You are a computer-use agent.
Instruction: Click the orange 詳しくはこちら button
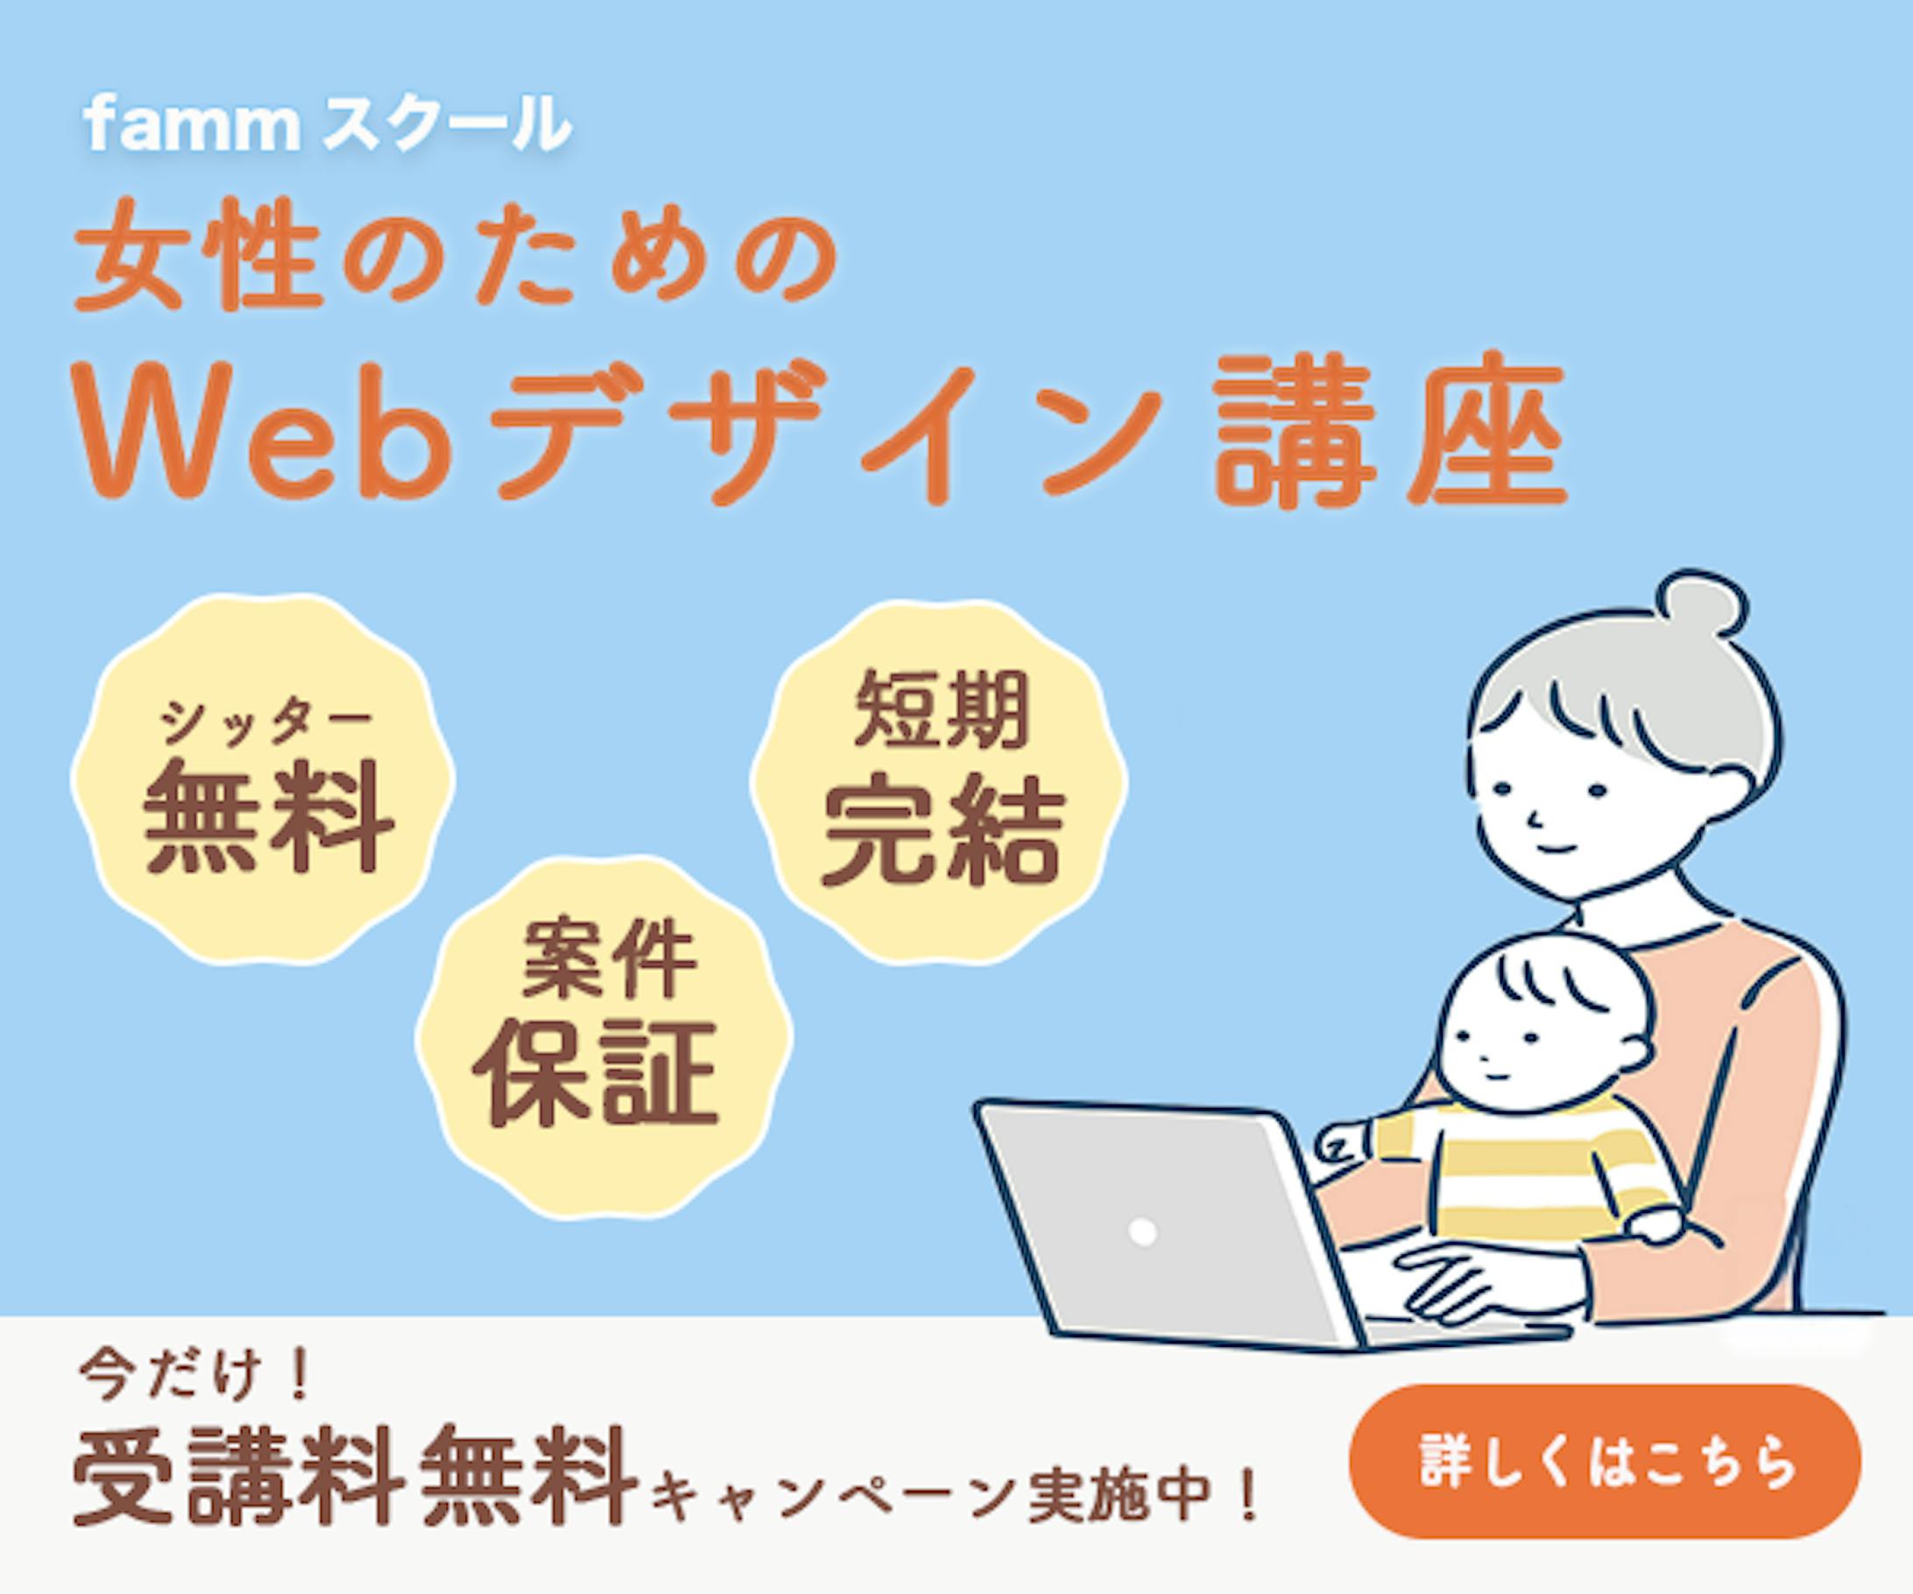pyautogui.click(x=1604, y=1462)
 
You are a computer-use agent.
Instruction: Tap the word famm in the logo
pyautogui.click(x=191, y=128)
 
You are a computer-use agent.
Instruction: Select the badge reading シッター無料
pyautogui.click(x=264, y=779)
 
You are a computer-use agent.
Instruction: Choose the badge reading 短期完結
pyautogui.click(x=939, y=781)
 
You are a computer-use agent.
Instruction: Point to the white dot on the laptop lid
pyautogui.click(x=1141, y=1232)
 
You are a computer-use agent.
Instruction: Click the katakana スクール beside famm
pyautogui.click(x=447, y=128)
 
